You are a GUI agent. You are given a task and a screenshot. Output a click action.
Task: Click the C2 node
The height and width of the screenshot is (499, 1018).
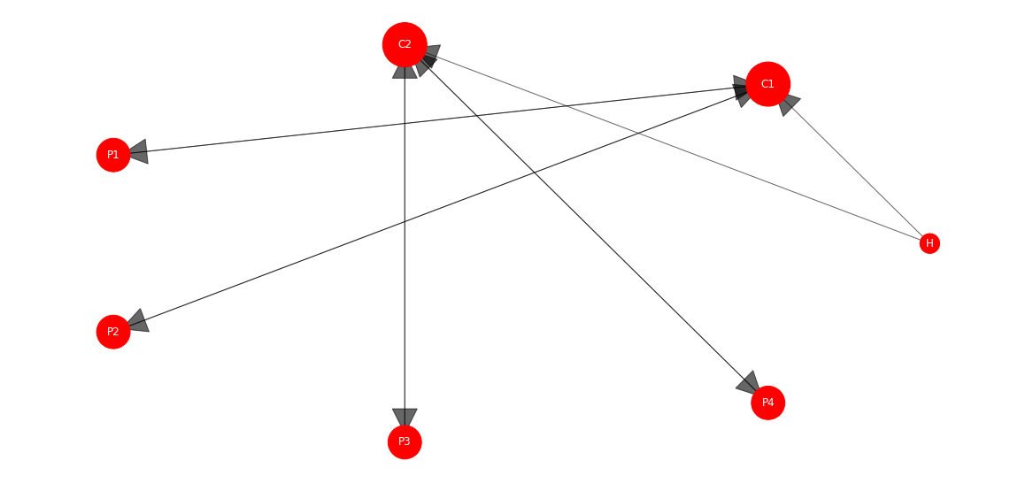pos(405,45)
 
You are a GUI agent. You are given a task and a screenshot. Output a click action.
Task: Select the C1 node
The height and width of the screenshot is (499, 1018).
pos(768,84)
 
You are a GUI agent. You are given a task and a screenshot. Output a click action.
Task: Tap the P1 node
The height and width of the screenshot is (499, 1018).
pos(113,155)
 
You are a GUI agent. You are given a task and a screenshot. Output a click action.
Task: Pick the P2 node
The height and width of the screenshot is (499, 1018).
pos(113,332)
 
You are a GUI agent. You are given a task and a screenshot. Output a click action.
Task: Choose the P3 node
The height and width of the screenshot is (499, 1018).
pos(405,441)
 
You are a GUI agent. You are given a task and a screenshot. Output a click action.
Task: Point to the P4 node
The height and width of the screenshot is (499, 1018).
pos(768,403)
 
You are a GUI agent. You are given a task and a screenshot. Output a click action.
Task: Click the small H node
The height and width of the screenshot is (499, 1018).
pos(929,243)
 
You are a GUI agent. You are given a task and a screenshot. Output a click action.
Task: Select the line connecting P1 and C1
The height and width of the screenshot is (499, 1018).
pos(438,120)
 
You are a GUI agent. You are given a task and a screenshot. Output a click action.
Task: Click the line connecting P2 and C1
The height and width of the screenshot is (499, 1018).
pos(438,208)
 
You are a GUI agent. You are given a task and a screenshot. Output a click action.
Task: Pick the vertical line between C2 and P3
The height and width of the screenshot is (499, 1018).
pos(405,246)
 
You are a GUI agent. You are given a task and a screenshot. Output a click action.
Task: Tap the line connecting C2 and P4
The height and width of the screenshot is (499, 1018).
pos(588,225)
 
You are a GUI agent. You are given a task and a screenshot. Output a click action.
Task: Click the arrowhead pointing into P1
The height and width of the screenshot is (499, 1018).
pos(137,152)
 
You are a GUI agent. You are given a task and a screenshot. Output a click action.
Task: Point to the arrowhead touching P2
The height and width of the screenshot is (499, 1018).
pos(138,321)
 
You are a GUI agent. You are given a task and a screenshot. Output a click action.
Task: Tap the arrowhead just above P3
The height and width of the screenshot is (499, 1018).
pos(405,418)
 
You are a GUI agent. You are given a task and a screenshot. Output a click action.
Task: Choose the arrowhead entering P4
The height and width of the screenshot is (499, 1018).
pos(749,382)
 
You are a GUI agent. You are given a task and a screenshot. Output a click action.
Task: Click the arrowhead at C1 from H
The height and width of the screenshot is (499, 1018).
pos(788,104)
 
